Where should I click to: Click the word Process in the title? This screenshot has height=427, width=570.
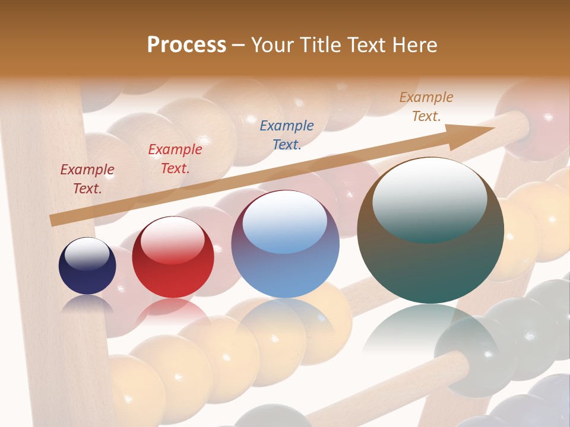coord(186,45)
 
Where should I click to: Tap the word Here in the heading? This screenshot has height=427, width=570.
coord(414,45)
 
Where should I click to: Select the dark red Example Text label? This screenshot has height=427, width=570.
coord(87,179)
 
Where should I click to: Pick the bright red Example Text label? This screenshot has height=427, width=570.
coord(175,159)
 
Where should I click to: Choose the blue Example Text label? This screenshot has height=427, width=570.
coord(287,135)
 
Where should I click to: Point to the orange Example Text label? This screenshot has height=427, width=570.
coord(426,107)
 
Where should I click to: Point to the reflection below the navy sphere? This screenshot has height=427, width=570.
coord(87,303)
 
